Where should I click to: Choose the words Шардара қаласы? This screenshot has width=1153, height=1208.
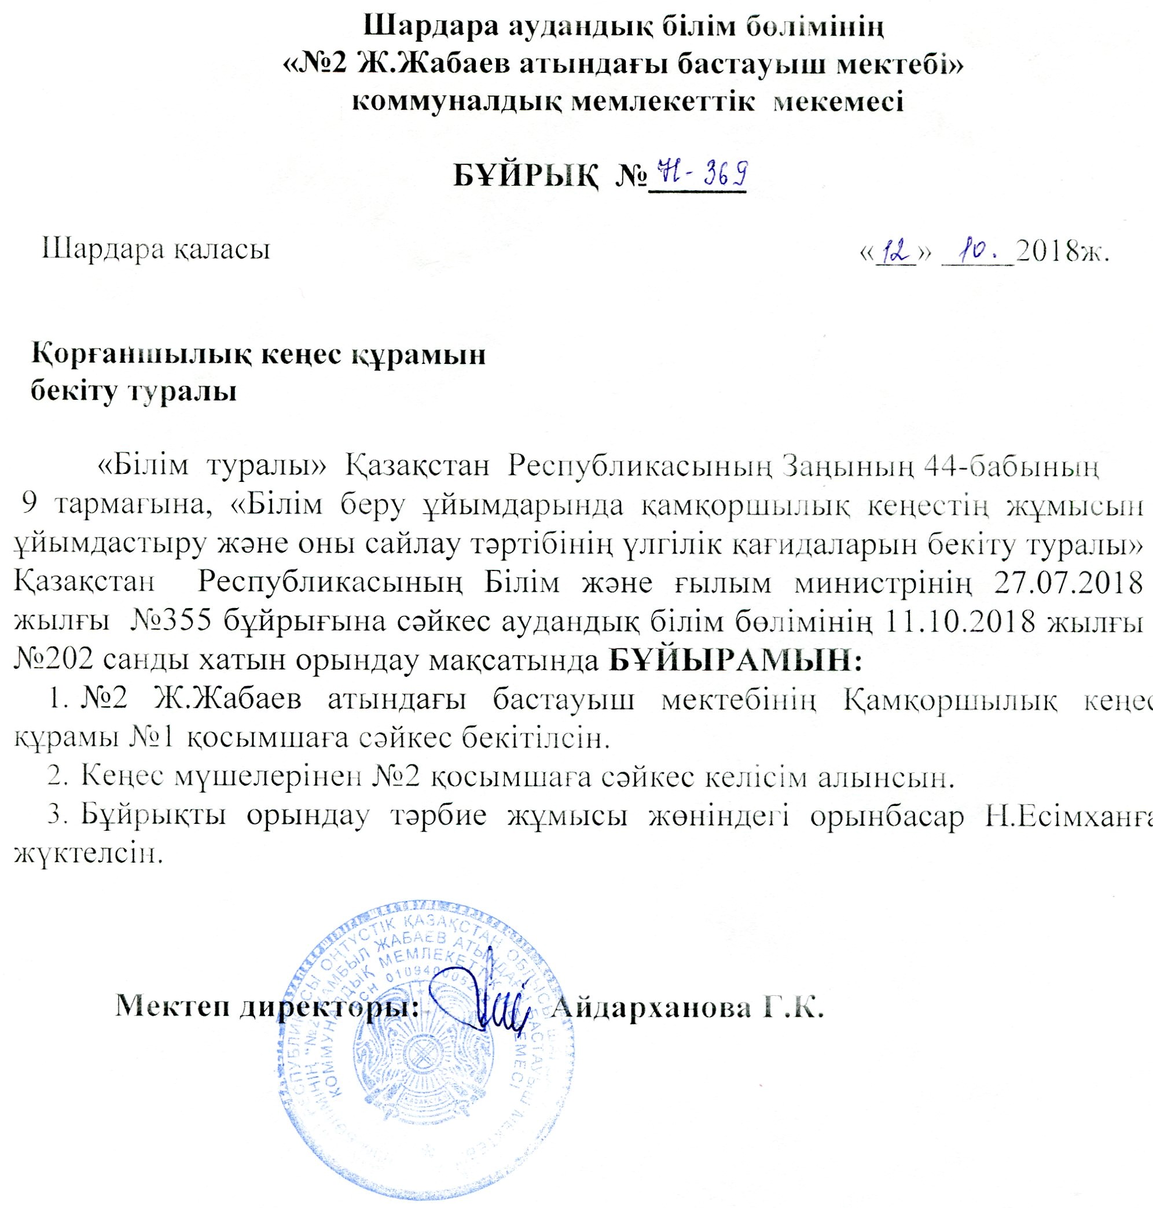click(x=156, y=249)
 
